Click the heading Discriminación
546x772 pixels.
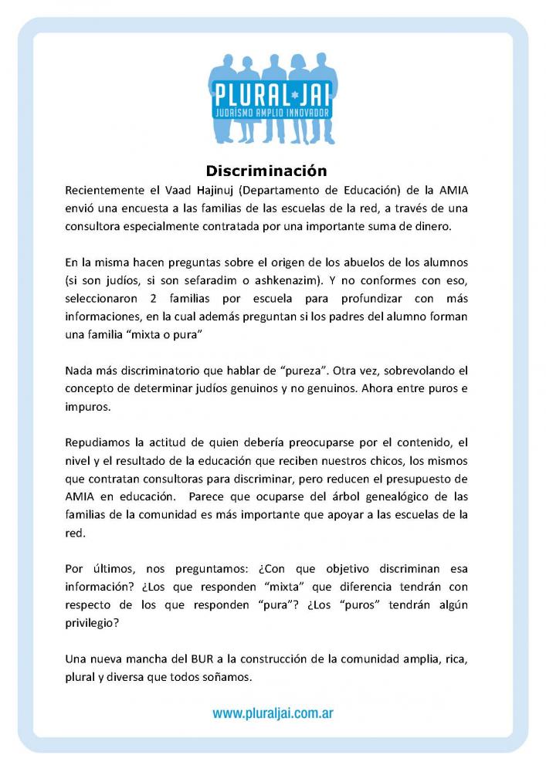(266, 171)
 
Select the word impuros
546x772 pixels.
(89, 409)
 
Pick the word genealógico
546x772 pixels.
(368, 500)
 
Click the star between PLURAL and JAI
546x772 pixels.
(290, 100)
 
